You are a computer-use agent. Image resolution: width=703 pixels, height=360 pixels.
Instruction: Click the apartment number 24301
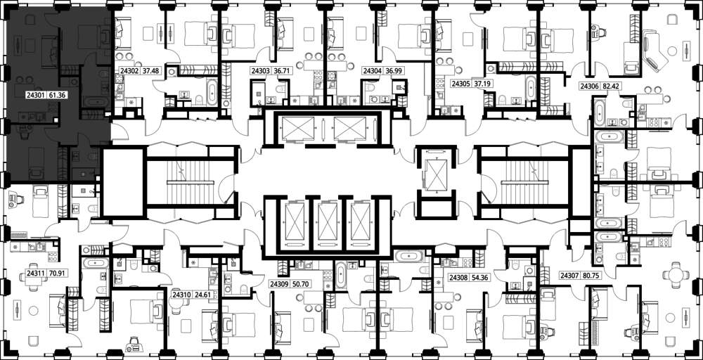[35, 94]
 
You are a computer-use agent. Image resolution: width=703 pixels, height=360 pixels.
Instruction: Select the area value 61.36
[57, 94]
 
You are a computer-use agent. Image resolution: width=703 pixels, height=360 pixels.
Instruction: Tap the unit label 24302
[129, 70]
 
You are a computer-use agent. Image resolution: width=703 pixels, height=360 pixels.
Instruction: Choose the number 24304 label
[372, 70]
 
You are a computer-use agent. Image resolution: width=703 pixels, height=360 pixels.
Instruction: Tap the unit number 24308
[458, 278]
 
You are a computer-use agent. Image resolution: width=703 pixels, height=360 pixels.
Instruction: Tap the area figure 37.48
[150, 70]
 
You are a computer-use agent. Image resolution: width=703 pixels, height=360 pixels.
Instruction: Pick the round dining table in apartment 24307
[675, 275]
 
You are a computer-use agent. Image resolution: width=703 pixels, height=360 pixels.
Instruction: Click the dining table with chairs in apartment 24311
[34, 278]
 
